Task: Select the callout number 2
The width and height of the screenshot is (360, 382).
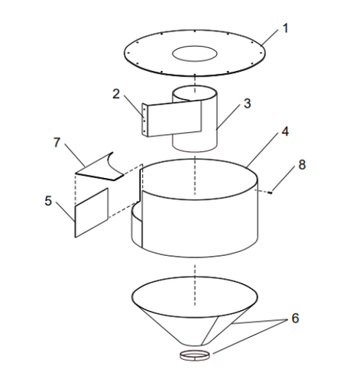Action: click(116, 94)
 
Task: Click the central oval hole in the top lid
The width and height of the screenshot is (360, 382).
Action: click(196, 53)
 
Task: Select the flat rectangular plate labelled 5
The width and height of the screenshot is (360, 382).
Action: click(92, 213)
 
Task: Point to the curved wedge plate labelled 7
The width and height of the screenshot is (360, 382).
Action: click(101, 167)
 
